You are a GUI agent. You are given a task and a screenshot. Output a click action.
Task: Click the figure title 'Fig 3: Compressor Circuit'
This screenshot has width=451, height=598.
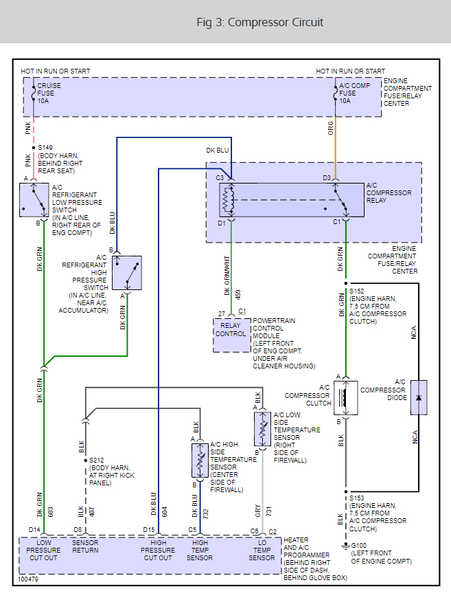click(x=259, y=23)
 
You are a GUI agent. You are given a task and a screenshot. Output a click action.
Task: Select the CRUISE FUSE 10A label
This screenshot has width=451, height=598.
click(x=49, y=93)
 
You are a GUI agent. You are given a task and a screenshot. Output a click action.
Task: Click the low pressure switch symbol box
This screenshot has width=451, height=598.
click(x=33, y=199)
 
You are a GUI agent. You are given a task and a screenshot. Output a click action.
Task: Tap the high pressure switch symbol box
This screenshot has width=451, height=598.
click(x=127, y=273)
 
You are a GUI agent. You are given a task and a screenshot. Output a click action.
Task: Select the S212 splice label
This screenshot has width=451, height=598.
click(x=97, y=461)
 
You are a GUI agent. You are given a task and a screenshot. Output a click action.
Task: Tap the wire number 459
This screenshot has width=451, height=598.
click(x=237, y=294)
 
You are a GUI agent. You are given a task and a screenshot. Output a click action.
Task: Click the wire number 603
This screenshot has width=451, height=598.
click(x=50, y=511)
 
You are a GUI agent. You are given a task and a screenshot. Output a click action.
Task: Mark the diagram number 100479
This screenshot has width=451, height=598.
click(x=29, y=579)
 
